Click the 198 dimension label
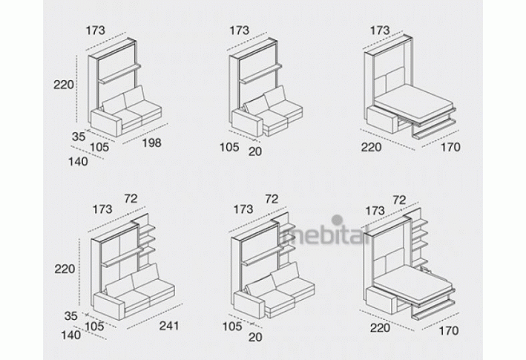tap(151, 143)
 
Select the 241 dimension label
tap(169, 325)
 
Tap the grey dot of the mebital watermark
tap(337, 220)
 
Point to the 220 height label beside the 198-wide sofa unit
tap(63, 85)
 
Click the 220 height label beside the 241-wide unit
tap(65, 269)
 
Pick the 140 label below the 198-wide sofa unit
tap(78, 162)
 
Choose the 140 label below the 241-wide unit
tap(70, 335)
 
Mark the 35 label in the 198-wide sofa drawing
tap(79, 137)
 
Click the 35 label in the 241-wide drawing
tap(70, 315)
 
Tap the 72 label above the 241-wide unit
tap(131, 199)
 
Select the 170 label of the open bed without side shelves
tap(450, 147)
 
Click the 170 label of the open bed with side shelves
tap(449, 330)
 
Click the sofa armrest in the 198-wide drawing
tap(105, 122)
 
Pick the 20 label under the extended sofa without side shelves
tap(255, 151)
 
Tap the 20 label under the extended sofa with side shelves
tap(255, 337)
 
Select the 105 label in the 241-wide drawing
tap(94, 326)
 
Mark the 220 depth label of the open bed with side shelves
tap(380, 327)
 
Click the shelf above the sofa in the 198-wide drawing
tap(119, 73)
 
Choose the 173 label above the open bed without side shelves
tap(380, 30)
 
